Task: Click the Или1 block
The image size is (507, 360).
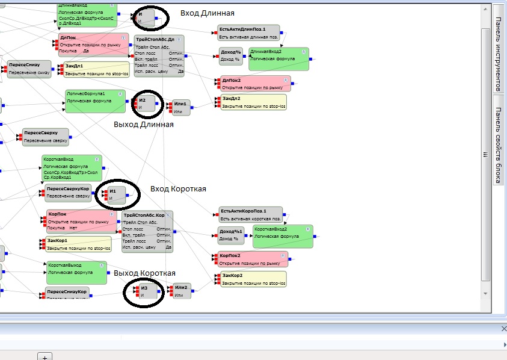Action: tap(182, 107)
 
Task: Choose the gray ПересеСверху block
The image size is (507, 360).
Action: tap(46, 137)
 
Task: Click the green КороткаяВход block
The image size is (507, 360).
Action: tap(72, 168)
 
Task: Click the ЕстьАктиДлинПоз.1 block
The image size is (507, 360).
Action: tap(249, 33)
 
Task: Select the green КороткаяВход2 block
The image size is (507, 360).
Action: tap(282, 236)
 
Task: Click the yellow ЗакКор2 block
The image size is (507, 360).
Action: tap(253, 279)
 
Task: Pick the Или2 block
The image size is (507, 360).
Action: tap(182, 291)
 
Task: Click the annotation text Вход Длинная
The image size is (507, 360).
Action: tap(207, 13)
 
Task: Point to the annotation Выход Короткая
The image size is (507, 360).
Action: tap(144, 273)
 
